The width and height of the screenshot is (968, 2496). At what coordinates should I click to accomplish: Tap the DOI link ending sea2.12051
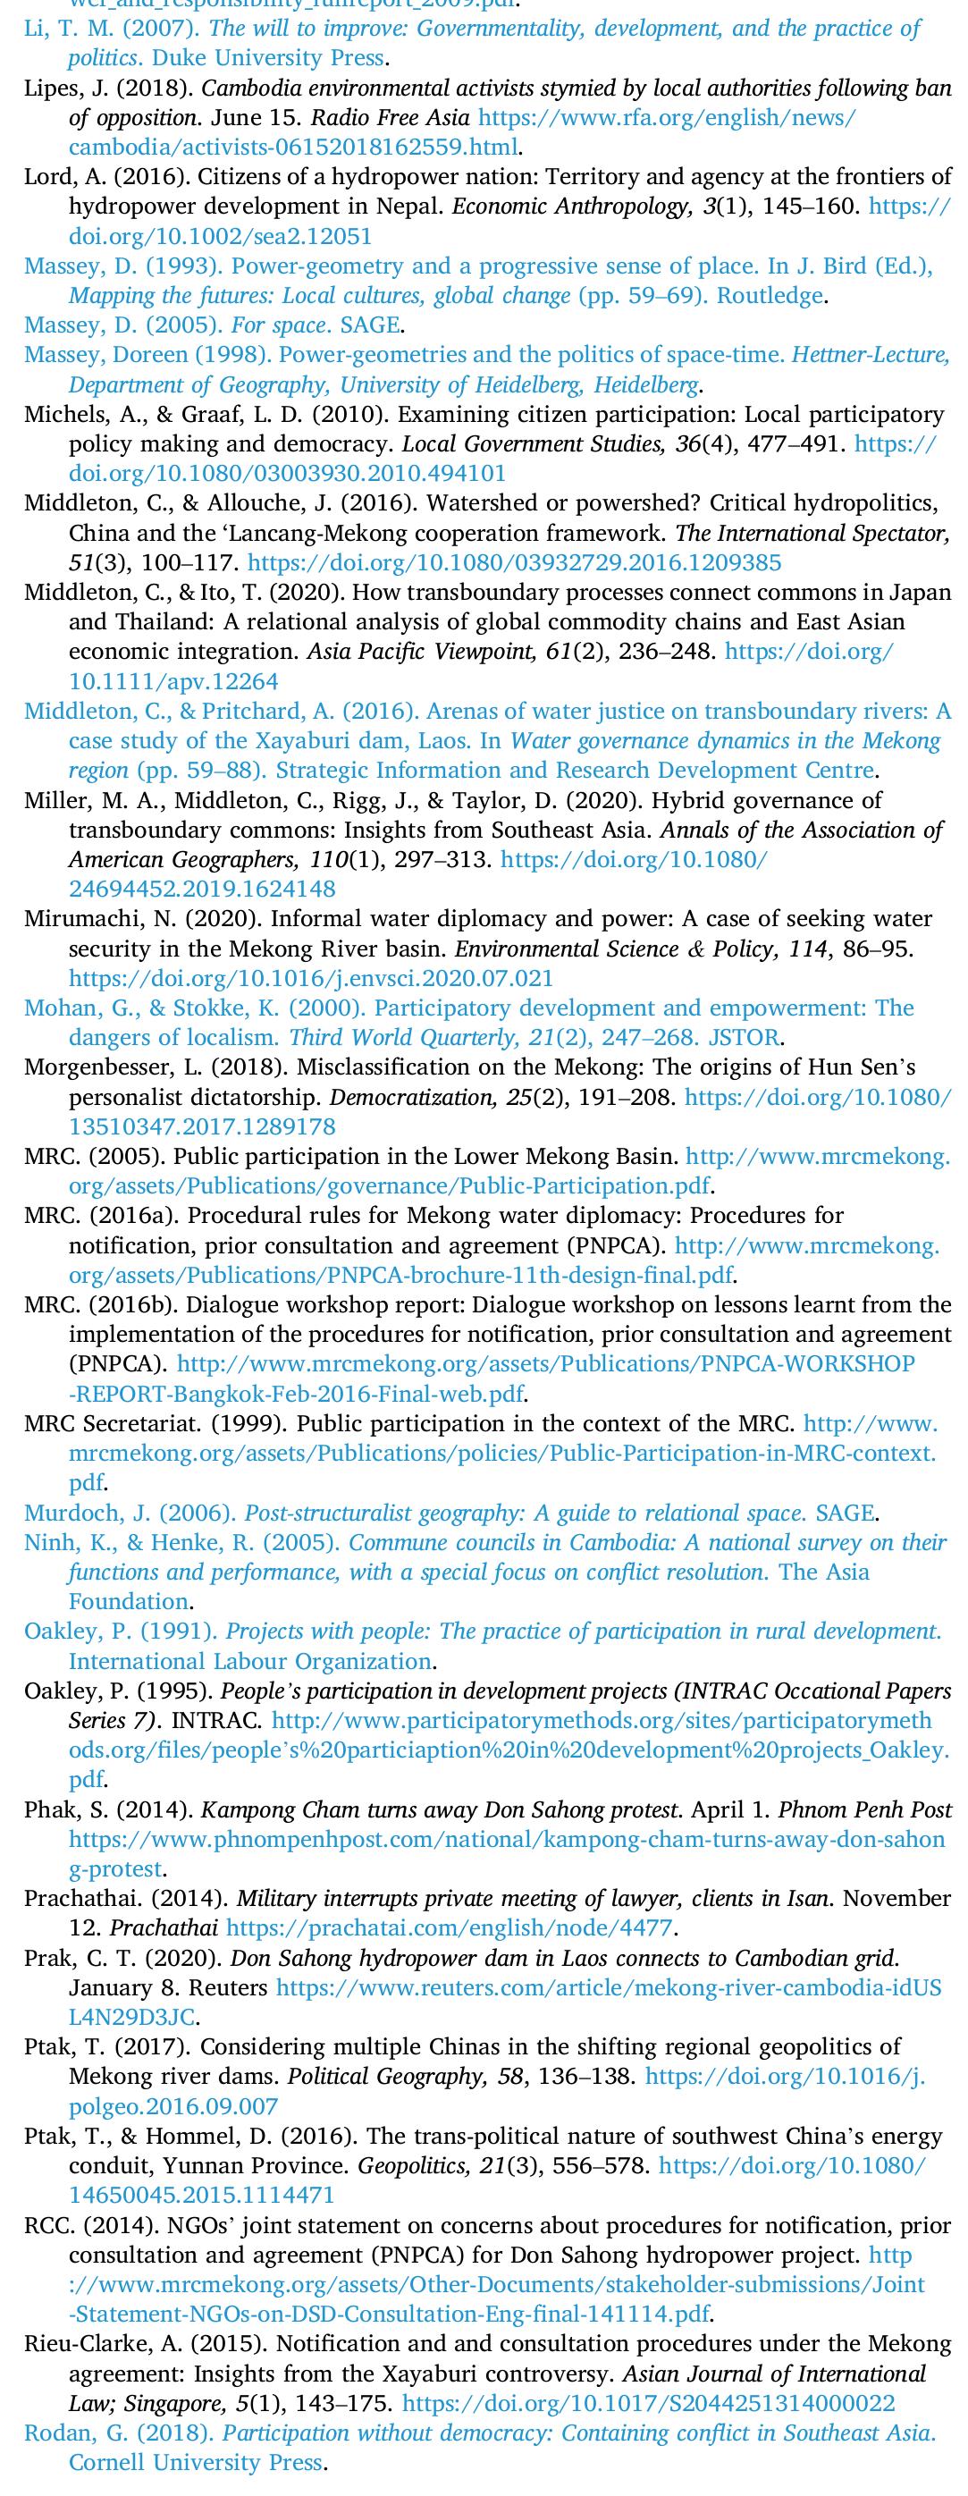tap(220, 236)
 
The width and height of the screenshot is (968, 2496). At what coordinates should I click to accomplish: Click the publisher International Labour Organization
tap(250, 1661)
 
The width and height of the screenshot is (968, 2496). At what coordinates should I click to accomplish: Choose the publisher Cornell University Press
tap(195, 2462)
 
